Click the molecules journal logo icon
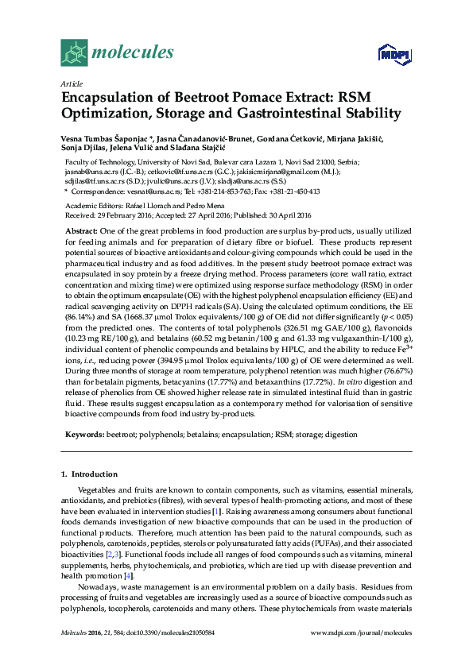(76, 53)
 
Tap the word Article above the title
(71, 83)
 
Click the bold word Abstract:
(80, 230)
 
